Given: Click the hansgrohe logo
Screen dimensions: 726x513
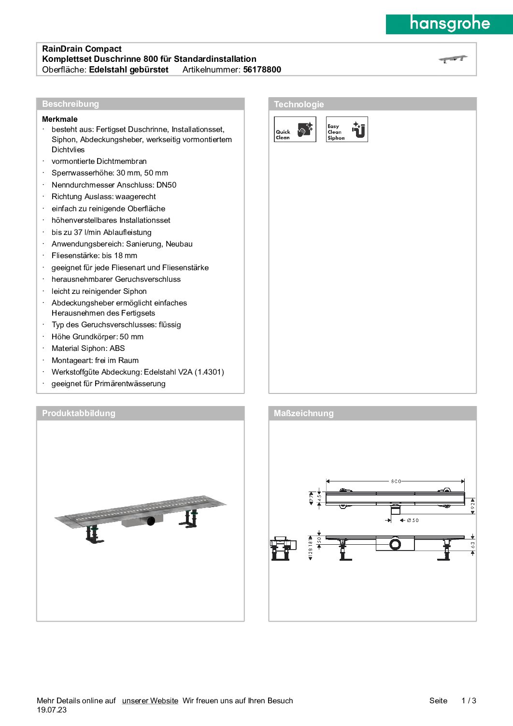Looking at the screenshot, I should (x=449, y=24).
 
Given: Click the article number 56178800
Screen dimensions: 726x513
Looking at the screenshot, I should (x=262, y=70).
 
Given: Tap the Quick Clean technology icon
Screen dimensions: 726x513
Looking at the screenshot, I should (x=295, y=129).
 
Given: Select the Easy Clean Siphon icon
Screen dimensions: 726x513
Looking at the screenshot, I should (x=347, y=129).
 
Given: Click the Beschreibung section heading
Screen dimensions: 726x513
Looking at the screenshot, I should (x=71, y=104).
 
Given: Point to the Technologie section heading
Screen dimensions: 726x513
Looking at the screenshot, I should (x=299, y=104).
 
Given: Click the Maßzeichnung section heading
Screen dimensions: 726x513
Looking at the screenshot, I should (x=303, y=413).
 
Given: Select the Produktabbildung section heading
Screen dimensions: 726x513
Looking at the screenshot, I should (x=79, y=413).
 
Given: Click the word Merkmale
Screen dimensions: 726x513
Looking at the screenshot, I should (x=60, y=119).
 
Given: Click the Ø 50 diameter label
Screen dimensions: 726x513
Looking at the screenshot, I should (x=413, y=520).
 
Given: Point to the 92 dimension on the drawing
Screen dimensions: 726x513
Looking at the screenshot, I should (x=472, y=506).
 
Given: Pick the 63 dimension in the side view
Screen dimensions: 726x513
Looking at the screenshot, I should (x=472, y=545).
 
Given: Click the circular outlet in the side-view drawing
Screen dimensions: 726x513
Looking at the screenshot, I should (x=395, y=544).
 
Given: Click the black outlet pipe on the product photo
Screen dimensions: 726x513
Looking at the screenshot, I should (x=151, y=521).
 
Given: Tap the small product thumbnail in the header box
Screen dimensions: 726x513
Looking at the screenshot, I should (x=453, y=59).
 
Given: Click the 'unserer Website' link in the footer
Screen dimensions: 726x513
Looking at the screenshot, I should (x=150, y=700).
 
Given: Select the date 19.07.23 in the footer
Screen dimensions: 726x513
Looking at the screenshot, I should (x=52, y=710).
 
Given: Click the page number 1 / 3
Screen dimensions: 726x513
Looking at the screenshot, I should (x=469, y=700).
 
